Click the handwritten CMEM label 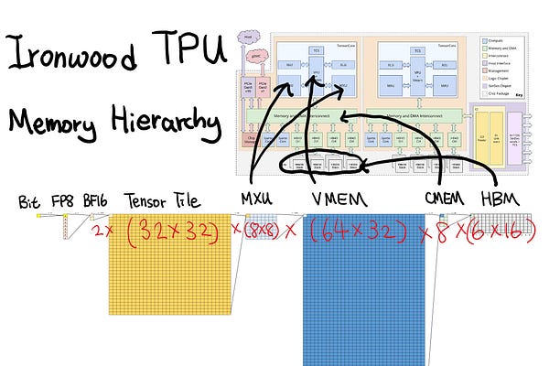(447, 199)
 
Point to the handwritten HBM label (505, 199)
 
